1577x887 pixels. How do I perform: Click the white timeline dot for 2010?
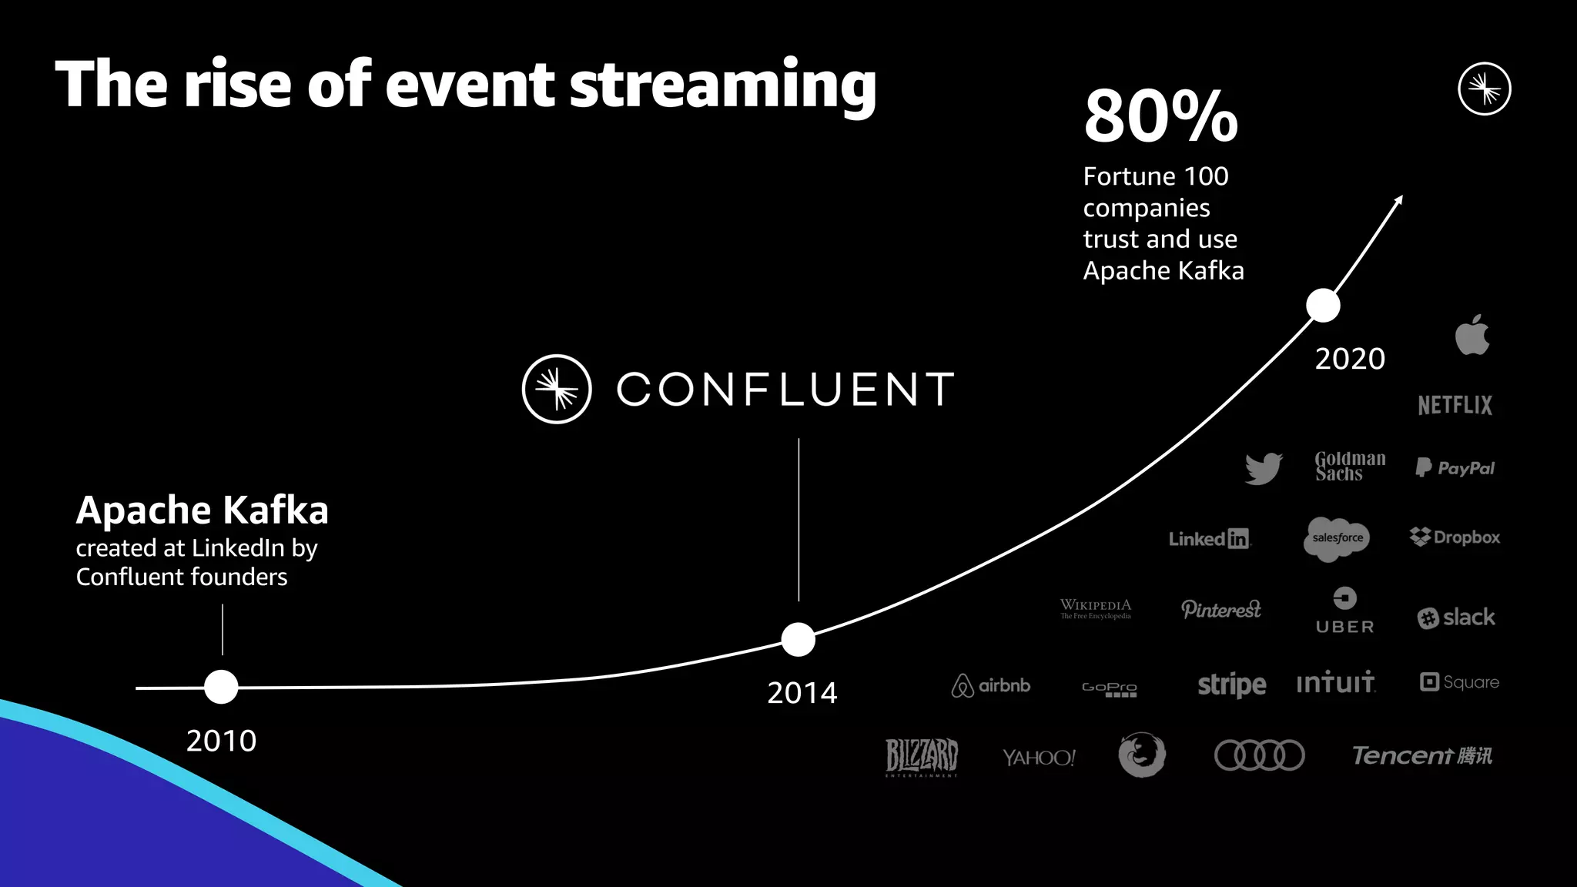pyautogui.click(x=221, y=687)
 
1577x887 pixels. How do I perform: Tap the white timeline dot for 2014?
pyautogui.click(x=798, y=639)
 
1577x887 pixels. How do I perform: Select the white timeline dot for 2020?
pyautogui.click(x=1323, y=306)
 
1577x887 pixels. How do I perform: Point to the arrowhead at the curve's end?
pyautogui.click(x=1398, y=200)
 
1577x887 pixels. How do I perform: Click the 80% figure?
pyautogui.click(x=1160, y=117)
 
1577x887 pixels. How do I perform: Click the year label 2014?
pyautogui.click(x=802, y=693)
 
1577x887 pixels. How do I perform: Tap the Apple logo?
pyautogui.click(x=1472, y=335)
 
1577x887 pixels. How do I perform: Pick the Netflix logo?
pyautogui.click(x=1455, y=405)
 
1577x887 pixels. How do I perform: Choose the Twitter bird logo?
pyautogui.click(x=1263, y=468)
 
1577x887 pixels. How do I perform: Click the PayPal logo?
pyautogui.click(x=1455, y=467)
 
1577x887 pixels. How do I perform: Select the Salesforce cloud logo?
pyautogui.click(x=1338, y=538)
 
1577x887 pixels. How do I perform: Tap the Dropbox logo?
pyautogui.click(x=1455, y=537)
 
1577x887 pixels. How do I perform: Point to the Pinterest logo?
pyautogui.click(x=1220, y=609)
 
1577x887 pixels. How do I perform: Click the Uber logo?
pyautogui.click(x=1344, y=611)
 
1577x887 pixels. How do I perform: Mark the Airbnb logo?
pyautogui.click(x=990, y=684)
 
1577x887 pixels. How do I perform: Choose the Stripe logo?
pyautogui.click(x=1231, y=684)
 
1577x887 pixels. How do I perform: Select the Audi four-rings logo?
pyautogui.click(x=1259, y=755)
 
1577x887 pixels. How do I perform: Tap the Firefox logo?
pyautogui.click(x=1141, y=755)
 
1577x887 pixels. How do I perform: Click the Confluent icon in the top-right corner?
pyautogui.click(x=1484, y=89)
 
